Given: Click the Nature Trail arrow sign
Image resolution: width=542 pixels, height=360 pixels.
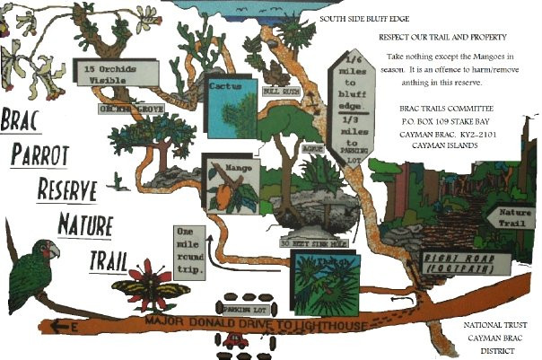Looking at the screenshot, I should [511, 216].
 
